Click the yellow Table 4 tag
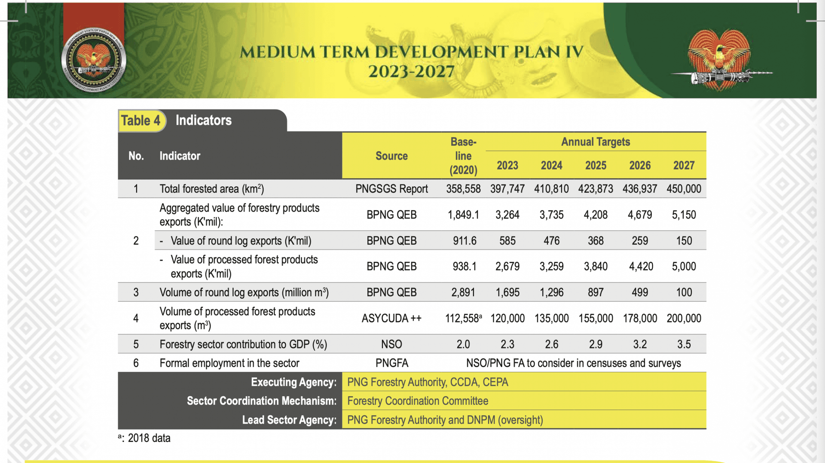(x=141, y=121)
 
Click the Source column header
(x=391, y=156)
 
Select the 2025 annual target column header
(x=596, y=166)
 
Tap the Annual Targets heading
(x=596, y=142)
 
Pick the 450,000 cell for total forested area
(x=684, y=189)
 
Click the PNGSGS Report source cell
(x=391, y=189)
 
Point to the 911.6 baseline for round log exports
(x=464, y=241)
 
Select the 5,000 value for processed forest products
(x=684, y=267)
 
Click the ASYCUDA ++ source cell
(x=391, y=319)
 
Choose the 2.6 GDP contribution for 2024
(x=551, y=344)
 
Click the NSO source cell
(x=391, y=344)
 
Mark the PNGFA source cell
(x=391, y=363)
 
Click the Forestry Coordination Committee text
(x=418, y=401)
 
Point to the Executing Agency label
(x=293, y=382)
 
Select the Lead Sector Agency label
(x=289, y=420)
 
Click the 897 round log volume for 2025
(x=596, y=293)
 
